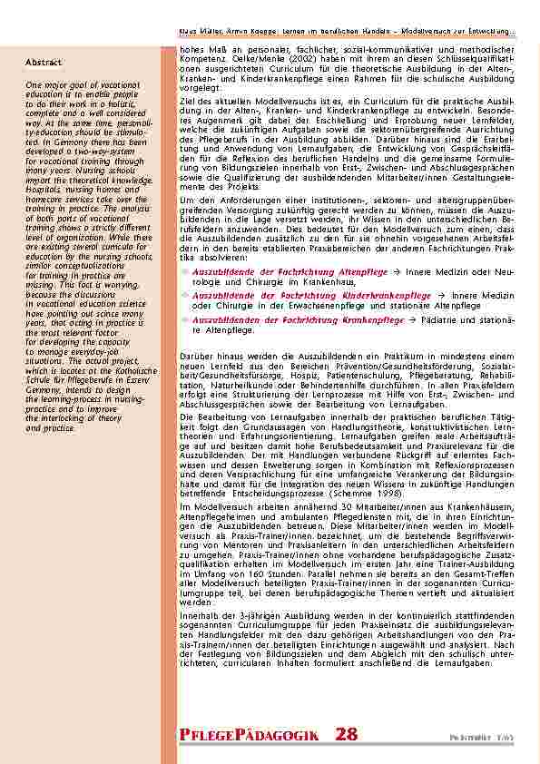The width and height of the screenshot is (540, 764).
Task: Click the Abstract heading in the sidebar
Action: tap(44, 63)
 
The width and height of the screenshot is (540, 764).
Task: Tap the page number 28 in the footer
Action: tap(346, 734)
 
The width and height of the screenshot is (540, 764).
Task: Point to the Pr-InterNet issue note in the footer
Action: tap(494, 738)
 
